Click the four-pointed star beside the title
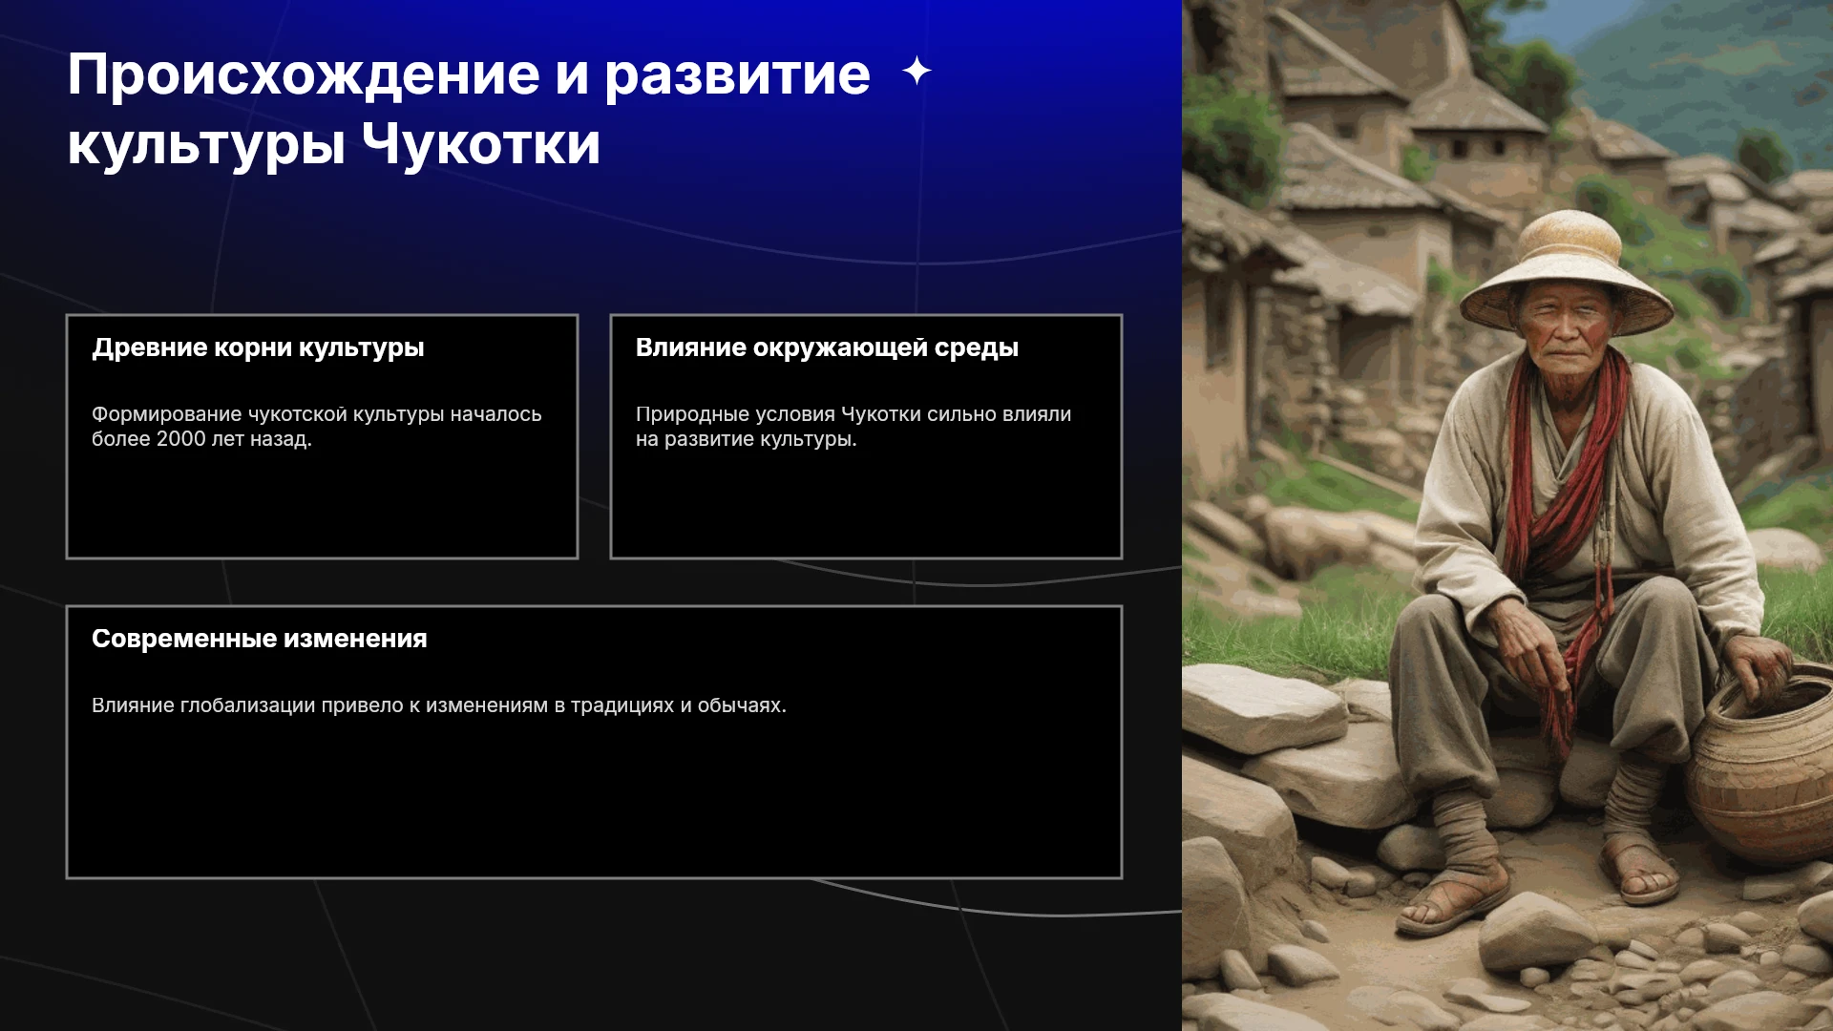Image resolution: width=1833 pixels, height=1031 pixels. coord(916,71)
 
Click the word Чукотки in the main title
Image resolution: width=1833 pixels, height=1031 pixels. coord(481,144)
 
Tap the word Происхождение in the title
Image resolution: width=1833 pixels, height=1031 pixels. coord(304,77)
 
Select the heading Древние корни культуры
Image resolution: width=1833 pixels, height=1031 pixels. coord(258,347)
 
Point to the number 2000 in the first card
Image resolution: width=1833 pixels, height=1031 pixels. coord(180,439)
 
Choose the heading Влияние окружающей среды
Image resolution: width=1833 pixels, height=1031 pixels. coord(827,347)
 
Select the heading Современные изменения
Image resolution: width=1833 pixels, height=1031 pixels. coord(259,639)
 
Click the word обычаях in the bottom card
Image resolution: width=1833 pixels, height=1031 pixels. coord(742,705)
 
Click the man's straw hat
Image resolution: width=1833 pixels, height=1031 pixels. coord(1565,271)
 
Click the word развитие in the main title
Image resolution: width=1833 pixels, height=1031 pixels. coord(737,77)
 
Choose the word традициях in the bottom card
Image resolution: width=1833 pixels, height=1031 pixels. coord(622,705)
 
